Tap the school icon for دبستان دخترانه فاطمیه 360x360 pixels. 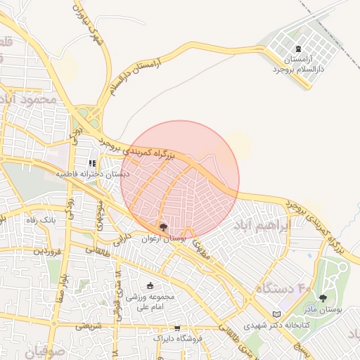[x=93, y=162]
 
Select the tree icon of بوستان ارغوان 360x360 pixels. [x=163, y=227]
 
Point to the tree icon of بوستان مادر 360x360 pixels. [x=323, y=298]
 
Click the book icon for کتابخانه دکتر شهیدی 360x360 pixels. [x=276, y=314]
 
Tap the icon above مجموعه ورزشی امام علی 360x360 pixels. [x=149, y=285]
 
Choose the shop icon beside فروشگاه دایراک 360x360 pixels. [x=176, y=328]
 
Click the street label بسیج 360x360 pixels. [x=300, y=347]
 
